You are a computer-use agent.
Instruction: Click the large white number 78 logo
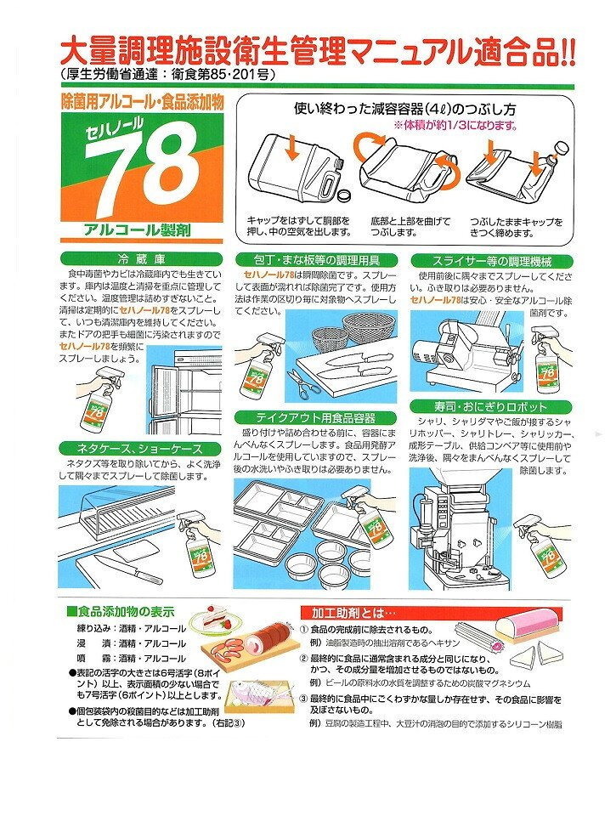point(141,173)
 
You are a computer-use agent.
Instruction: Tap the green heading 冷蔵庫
point(141,259)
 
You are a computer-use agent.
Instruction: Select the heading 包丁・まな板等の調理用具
point(317,260)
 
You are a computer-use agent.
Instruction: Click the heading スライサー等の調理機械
point(492,261)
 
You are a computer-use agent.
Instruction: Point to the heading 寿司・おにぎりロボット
point(490,407)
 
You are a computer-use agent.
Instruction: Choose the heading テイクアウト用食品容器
point(315,418)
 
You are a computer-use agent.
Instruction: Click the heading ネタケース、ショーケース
point(139,449)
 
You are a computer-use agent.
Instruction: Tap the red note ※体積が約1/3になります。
point(456,126)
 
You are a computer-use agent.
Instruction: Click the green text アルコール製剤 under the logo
point(137,229)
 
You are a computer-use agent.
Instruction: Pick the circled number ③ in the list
point(303,699)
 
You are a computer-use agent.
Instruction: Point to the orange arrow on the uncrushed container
point(291,149)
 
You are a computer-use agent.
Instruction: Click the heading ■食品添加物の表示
point(121,612)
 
